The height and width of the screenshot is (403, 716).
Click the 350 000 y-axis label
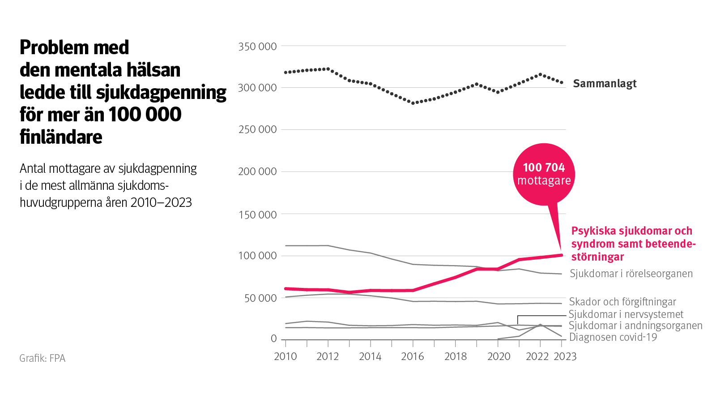(x=257, y=47)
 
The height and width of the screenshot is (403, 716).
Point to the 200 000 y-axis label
(x=257, y=171)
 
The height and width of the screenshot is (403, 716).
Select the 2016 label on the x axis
(x=413, y=356)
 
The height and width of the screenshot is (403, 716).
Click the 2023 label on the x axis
(x=565, y=356)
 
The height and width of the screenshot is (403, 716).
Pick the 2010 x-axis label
(x=286, y=356)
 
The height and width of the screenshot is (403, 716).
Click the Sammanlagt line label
(x=605, y=84)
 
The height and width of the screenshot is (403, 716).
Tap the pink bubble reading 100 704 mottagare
(x=544, y=174)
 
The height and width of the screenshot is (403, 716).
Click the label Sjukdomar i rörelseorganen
(x=631, y=274)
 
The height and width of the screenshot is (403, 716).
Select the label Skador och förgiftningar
(x=622, y=302)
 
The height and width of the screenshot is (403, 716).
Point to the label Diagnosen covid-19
(x=613, y=337)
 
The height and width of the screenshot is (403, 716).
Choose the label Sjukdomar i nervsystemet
(x=626, y=314)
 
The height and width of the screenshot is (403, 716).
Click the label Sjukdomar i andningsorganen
(x=635, y=326)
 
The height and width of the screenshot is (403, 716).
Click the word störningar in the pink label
(x=597, y=257)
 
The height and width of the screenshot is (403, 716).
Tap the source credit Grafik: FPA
(x=43, y=358)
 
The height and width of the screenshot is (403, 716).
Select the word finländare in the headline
(x=61, y=137)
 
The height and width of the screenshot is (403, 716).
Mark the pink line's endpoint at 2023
(x=561, y=255)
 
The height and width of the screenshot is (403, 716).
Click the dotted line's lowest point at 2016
(x=413, y=103)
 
